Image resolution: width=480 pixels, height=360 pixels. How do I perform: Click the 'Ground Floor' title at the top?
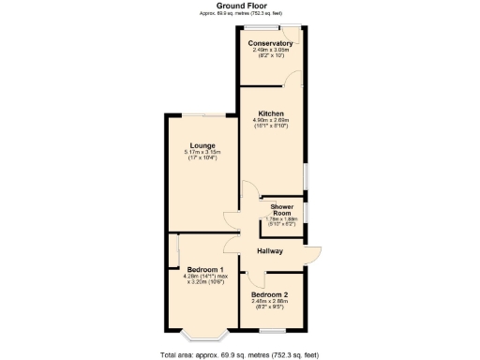click(239, 6)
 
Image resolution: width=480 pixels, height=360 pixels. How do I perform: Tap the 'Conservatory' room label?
click(270, 43)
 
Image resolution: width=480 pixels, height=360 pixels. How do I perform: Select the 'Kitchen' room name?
click(271, 113)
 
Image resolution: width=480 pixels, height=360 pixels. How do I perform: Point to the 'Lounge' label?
click(202, 145)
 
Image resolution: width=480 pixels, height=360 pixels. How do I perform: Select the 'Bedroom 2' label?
click(270, 293)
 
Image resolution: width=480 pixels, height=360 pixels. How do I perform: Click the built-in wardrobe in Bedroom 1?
click(173, 252)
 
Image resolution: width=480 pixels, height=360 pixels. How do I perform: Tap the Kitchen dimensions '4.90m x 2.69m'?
click(271, 120)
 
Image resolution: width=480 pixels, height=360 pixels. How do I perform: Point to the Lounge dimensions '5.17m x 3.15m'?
click(202, 152)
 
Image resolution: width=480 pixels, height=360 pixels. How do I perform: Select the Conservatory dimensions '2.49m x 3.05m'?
click(270, 50)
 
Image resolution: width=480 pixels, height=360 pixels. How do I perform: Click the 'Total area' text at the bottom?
click(239, 354)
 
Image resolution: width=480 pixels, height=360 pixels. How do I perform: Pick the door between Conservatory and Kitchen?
click(293, 79)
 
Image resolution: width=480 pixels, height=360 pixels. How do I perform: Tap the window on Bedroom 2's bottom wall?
click(272, 330)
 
